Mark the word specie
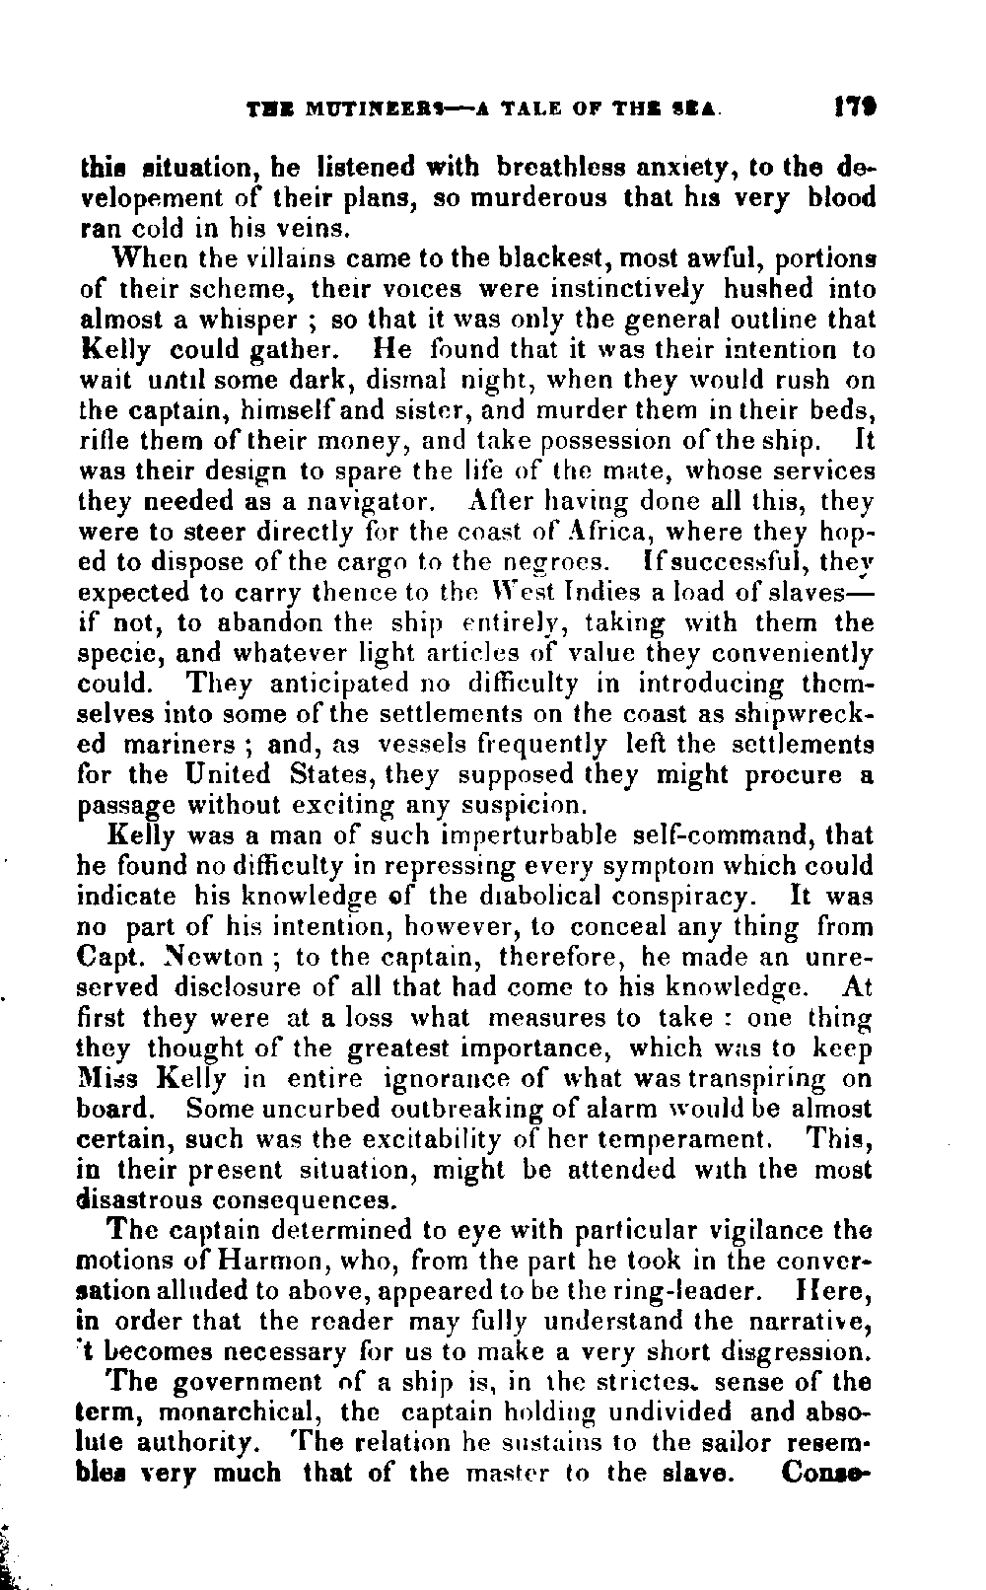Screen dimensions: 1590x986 [116, 654]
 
